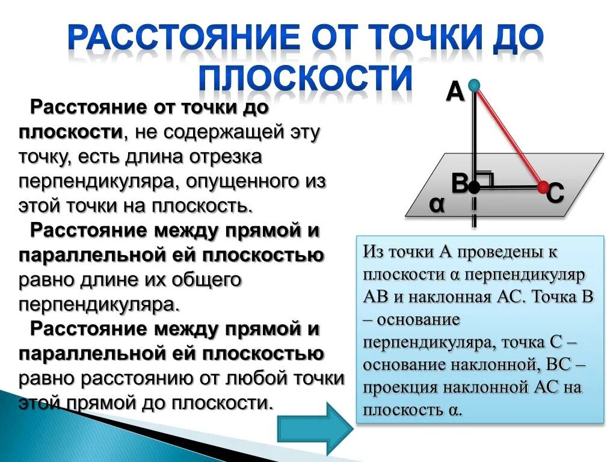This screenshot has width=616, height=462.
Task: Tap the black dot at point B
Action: (x=474, y=188)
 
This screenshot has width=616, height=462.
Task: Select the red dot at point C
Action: (x=543, y=187)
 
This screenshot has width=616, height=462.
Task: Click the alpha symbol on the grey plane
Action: (x=437, y=205)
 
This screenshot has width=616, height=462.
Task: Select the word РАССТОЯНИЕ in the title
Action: (x=182, y=37)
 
